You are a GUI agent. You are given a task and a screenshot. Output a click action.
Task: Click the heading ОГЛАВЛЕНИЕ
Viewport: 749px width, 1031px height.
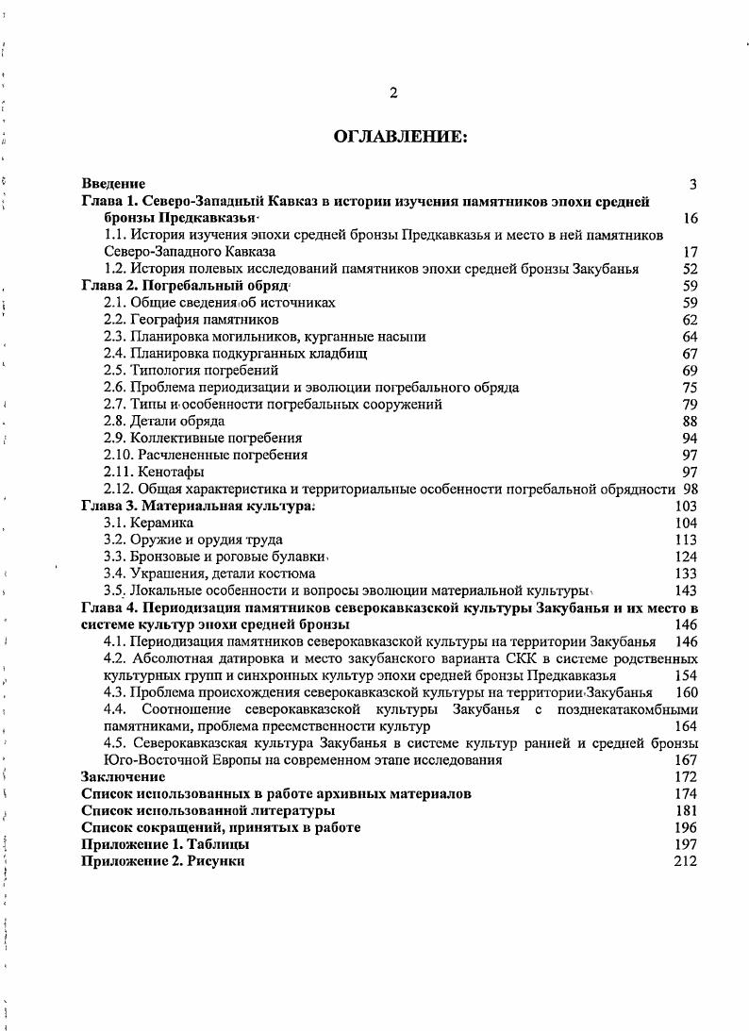(400, 138)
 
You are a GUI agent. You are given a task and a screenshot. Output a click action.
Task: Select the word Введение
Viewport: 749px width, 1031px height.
(113, 184)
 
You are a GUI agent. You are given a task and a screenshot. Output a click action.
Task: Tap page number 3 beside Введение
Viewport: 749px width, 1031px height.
(693, 184)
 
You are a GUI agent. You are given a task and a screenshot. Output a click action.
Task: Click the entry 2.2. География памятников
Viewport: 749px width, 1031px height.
(191, 320)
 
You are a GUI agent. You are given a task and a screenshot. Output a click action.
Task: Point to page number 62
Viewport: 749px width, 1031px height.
(690, 320)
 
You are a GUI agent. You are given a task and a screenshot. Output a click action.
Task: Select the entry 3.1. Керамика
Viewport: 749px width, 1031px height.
(149, 523)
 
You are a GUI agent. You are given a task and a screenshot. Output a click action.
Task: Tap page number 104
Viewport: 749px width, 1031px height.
(686, 523)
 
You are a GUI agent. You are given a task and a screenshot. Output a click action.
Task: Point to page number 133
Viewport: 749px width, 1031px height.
(686, 574)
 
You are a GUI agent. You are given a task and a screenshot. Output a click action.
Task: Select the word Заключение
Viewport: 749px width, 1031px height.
(124, 776)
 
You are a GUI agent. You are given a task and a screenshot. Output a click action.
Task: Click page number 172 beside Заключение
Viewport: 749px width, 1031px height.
(686, 776)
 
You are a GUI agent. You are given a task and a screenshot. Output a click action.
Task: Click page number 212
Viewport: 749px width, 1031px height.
(686, 861)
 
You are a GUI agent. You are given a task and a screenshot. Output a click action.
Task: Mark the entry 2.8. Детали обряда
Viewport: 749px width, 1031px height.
(164, 421)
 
